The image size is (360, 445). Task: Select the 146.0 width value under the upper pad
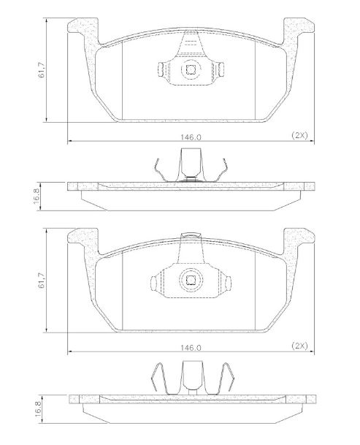pos(191,136)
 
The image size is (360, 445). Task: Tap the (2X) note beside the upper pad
pos(300,135)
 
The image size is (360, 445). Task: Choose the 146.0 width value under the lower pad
pos(191,346)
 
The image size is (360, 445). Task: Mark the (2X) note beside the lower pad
pos(300,345)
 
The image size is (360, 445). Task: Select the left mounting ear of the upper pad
pos(82,29)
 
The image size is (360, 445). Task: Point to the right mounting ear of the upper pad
pos(299,29)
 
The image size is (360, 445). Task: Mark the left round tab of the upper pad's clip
pos(161,71)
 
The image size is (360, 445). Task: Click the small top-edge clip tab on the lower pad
pos(191,235)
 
